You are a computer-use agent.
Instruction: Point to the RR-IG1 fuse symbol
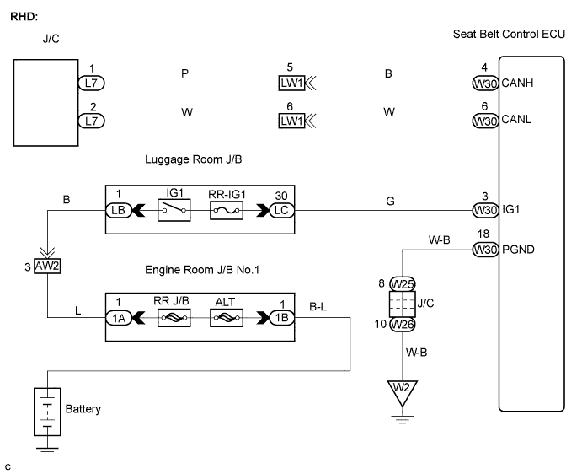[x=227, y=209]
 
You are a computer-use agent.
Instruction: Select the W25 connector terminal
[x=403, y=284]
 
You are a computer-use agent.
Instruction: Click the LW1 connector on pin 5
[x=291, y=83]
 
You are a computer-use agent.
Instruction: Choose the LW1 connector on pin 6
[x=291, y=120]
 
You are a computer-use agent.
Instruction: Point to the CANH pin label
[x=518, y=83]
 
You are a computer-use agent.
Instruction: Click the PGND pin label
[x=520, y=249]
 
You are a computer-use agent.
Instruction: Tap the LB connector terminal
[x=117, y=209]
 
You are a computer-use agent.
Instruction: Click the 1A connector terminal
[x=117, y=318]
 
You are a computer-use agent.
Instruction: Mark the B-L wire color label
[x=321, y=309]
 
